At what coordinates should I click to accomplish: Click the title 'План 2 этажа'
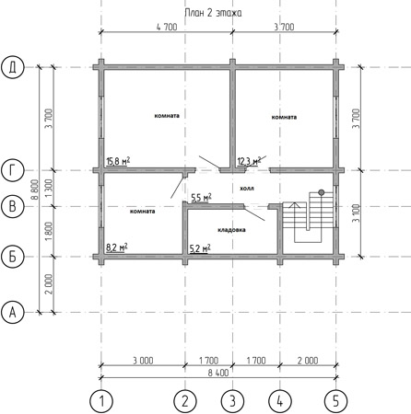213,13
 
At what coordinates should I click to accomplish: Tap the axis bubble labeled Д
12,67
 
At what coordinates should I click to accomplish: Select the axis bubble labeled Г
12,170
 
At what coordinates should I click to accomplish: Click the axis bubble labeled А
12,313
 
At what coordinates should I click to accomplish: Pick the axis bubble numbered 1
101,401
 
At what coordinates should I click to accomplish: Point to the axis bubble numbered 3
232,401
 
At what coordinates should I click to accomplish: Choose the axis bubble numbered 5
335,401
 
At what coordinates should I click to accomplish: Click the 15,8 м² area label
118,161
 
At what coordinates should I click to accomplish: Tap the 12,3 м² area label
249,161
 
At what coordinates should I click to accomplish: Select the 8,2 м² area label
117,247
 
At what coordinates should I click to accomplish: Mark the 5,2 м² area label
200,248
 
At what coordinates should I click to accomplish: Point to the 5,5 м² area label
201,198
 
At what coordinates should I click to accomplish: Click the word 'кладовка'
231,230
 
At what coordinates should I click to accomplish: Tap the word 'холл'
247,189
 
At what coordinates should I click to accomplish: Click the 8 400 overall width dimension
218,373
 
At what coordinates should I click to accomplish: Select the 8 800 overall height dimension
35,190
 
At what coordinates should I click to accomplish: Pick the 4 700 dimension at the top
167,27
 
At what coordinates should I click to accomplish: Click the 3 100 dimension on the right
356,213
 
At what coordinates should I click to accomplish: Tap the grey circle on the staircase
322,192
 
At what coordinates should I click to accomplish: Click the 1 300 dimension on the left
49,189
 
